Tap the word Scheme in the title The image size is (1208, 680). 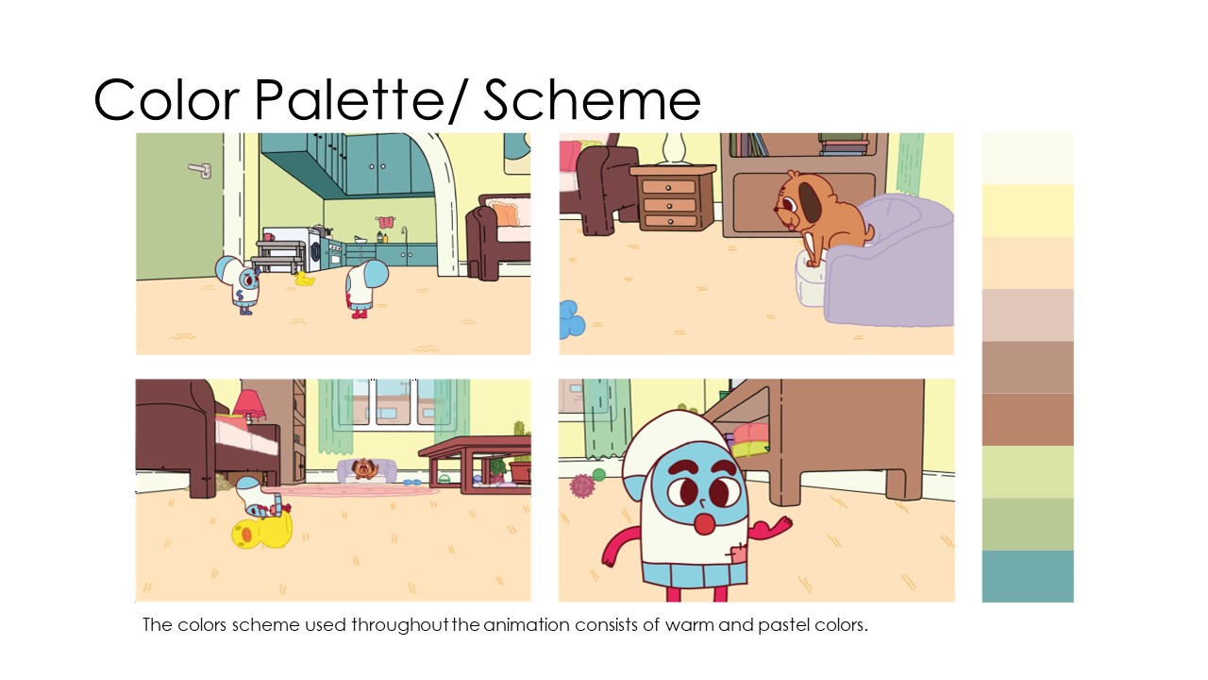pyautogui.click(x=592, y=100)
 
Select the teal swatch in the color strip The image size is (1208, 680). pyautogui.click(x=1028, y=576)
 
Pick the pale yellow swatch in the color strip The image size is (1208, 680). pyautogui.click(x=1028, y=211)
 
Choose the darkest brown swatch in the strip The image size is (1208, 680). pyautogui.click(x=1028, y=419)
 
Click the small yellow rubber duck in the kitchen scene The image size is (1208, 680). pyautogui.click(x=304, y=279)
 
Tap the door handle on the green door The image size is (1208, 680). pyautogui.click(x=200, y=170)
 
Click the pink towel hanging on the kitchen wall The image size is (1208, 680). pyautogui.click(x=385, y=222)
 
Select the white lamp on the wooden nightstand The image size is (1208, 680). pyautogui.click(x=674, y=148)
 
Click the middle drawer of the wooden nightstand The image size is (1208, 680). pyautogui.click(x=670, y=205)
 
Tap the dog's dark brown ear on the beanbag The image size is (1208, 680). pyautogui.click(x=808, y=200)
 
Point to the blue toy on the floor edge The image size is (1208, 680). pyautogui.click(x=571, y=319)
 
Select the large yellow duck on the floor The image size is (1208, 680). pyautogui.click(x=262, y=530)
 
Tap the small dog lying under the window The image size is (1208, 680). pyautogui.click(x=365, y=468)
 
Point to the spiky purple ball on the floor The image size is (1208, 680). pyautogui.click(x=582, y=485)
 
